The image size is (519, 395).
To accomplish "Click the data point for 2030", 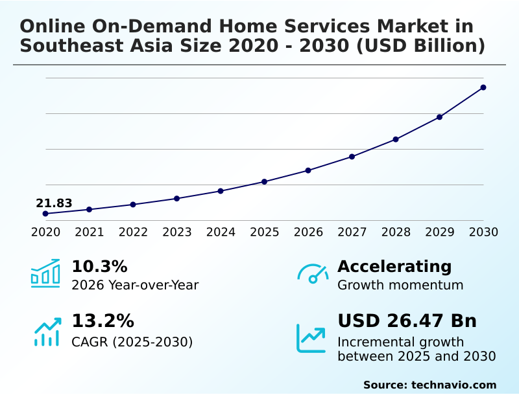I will [483, 87].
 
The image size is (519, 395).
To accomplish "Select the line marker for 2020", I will [45, 214].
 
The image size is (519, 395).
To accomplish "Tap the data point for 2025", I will [264, 181].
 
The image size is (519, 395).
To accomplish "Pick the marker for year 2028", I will [396, 139].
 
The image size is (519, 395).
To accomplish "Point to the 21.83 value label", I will [54, 203].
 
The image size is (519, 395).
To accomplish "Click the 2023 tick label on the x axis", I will [176, 232].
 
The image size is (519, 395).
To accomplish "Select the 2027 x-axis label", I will [352, 232].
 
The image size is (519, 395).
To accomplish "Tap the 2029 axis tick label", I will [439, 232].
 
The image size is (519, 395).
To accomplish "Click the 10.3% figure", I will [99, 266].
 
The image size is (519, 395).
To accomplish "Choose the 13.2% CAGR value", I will [103, 321].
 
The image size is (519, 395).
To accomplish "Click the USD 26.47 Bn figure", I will [407, 321].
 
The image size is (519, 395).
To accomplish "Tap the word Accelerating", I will [394, 266].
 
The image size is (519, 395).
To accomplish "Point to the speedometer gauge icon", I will [313, 274].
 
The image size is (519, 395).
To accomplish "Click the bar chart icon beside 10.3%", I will [45, 273].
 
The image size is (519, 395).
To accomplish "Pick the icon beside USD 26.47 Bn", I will [311, 338].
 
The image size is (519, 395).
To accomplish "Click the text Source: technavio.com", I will [429, 385].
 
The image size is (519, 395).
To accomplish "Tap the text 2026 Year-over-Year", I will [135, 285].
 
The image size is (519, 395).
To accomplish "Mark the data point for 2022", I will [133, 205].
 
